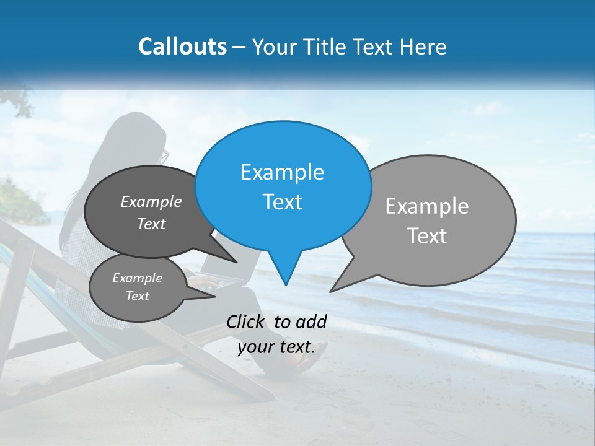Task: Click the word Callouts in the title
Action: pyautogui.click(x=182, y=46)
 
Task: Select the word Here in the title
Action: pyautogui.click(x=421, y=46)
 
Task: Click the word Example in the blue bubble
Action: pyautogui.click(x=282, y=172)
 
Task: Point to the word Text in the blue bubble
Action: pyautogui.click(x=282, y=201)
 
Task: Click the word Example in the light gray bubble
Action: pyautogui.click(x=427, y=206)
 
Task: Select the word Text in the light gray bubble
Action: pyautogui.click(x=427, y=235)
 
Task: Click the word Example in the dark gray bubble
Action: pyautogui.click(x=151, y=201)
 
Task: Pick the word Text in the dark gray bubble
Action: pyautogui.click(x=151, y=224)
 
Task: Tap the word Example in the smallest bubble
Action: pyautogui.click(x=137, y=278)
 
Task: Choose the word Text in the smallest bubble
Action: pyautogui.click(x=137, y=296)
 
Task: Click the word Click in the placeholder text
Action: pyautogui.click(x=247, y=321)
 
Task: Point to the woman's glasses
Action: pyautogui.click(x=164, y=156)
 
